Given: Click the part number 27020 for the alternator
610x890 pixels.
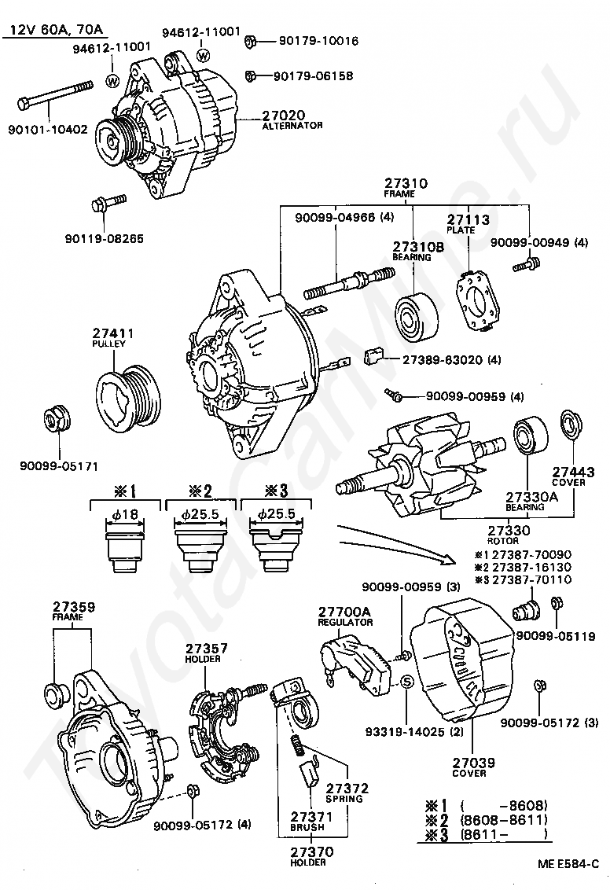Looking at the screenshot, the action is [x=283, y=116].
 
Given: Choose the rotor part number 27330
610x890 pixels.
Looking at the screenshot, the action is [x=509, y=531].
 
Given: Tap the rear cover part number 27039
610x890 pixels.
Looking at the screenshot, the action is [x=473, y=763].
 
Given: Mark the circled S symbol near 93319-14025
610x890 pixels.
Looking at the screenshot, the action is [x=407, y=682].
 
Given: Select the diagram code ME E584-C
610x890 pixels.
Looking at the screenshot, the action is [x=568, y=865].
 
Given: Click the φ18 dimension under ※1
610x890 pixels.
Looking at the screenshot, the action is [x=125, y=515].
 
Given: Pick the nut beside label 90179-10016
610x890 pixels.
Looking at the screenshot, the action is [x=252, y=41].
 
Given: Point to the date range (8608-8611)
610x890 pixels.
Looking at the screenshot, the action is [x=504, y=819].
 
